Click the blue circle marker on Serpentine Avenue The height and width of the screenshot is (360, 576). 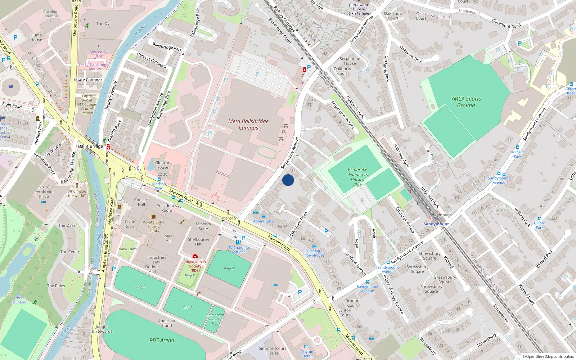288,180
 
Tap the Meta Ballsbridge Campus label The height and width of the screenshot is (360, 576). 248,125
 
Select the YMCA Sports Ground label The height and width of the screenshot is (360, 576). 466,102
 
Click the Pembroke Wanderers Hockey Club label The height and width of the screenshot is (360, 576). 357,177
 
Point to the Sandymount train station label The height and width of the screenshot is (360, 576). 436,224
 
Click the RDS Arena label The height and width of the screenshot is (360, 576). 162,340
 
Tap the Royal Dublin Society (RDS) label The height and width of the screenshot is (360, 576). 195,266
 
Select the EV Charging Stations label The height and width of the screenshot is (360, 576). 238,250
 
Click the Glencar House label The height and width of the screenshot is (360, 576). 162,165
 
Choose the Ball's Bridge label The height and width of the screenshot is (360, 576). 90,146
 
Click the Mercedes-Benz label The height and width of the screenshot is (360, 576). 98,54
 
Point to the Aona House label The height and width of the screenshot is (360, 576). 263,221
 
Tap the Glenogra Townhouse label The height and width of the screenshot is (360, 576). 314,253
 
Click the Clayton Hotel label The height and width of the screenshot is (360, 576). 307,354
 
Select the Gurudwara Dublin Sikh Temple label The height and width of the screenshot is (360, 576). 359,9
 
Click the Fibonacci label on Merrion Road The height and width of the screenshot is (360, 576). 228,218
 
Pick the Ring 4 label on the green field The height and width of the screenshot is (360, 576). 229,269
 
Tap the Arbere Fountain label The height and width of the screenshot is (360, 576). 19,300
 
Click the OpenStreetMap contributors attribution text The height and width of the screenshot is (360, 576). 548,356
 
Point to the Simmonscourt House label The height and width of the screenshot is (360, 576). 272,351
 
